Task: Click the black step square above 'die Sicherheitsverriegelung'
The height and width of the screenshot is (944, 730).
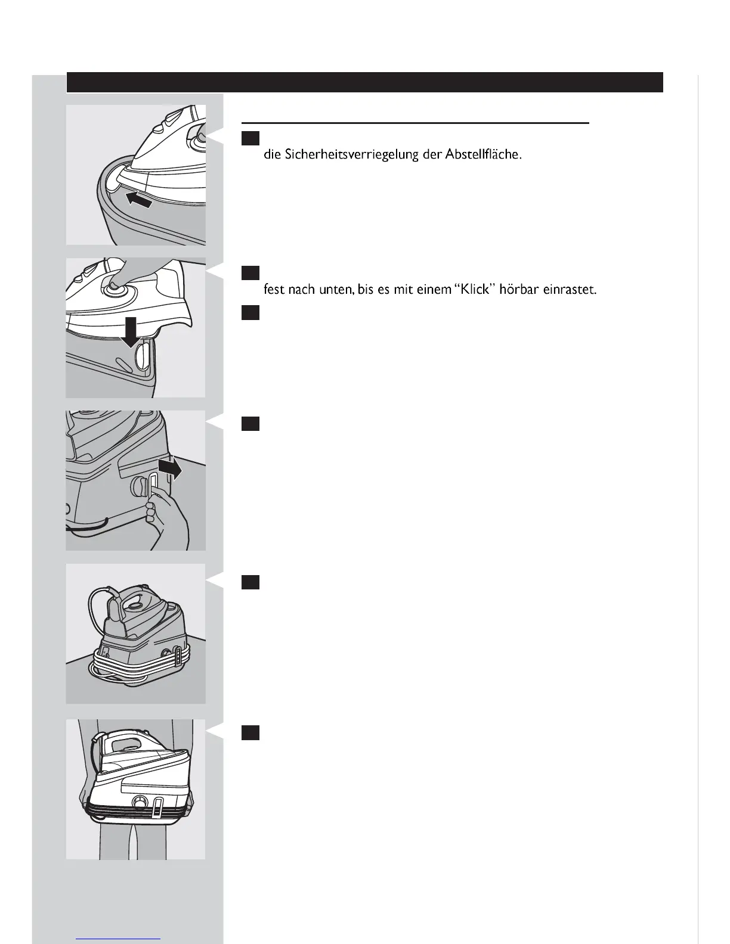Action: pyautogui.click(x=250, y=138)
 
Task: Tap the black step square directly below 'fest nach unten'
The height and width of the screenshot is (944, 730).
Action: pyautogui.click(x=250, y=312)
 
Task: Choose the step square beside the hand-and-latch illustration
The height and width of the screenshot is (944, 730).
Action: pyautogui.click(x=250, y=424)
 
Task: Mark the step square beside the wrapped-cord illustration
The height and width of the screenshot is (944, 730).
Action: pyautogui.click(x=250, y=582)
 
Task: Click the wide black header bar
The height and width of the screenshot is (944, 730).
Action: pyautogui.click(x=364, y=82)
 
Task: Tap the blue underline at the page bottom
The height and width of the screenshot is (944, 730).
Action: pyautogui.click(x=119, y=939)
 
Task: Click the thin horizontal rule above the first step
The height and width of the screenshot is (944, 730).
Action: pyautogui.click(x=415, y=123)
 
